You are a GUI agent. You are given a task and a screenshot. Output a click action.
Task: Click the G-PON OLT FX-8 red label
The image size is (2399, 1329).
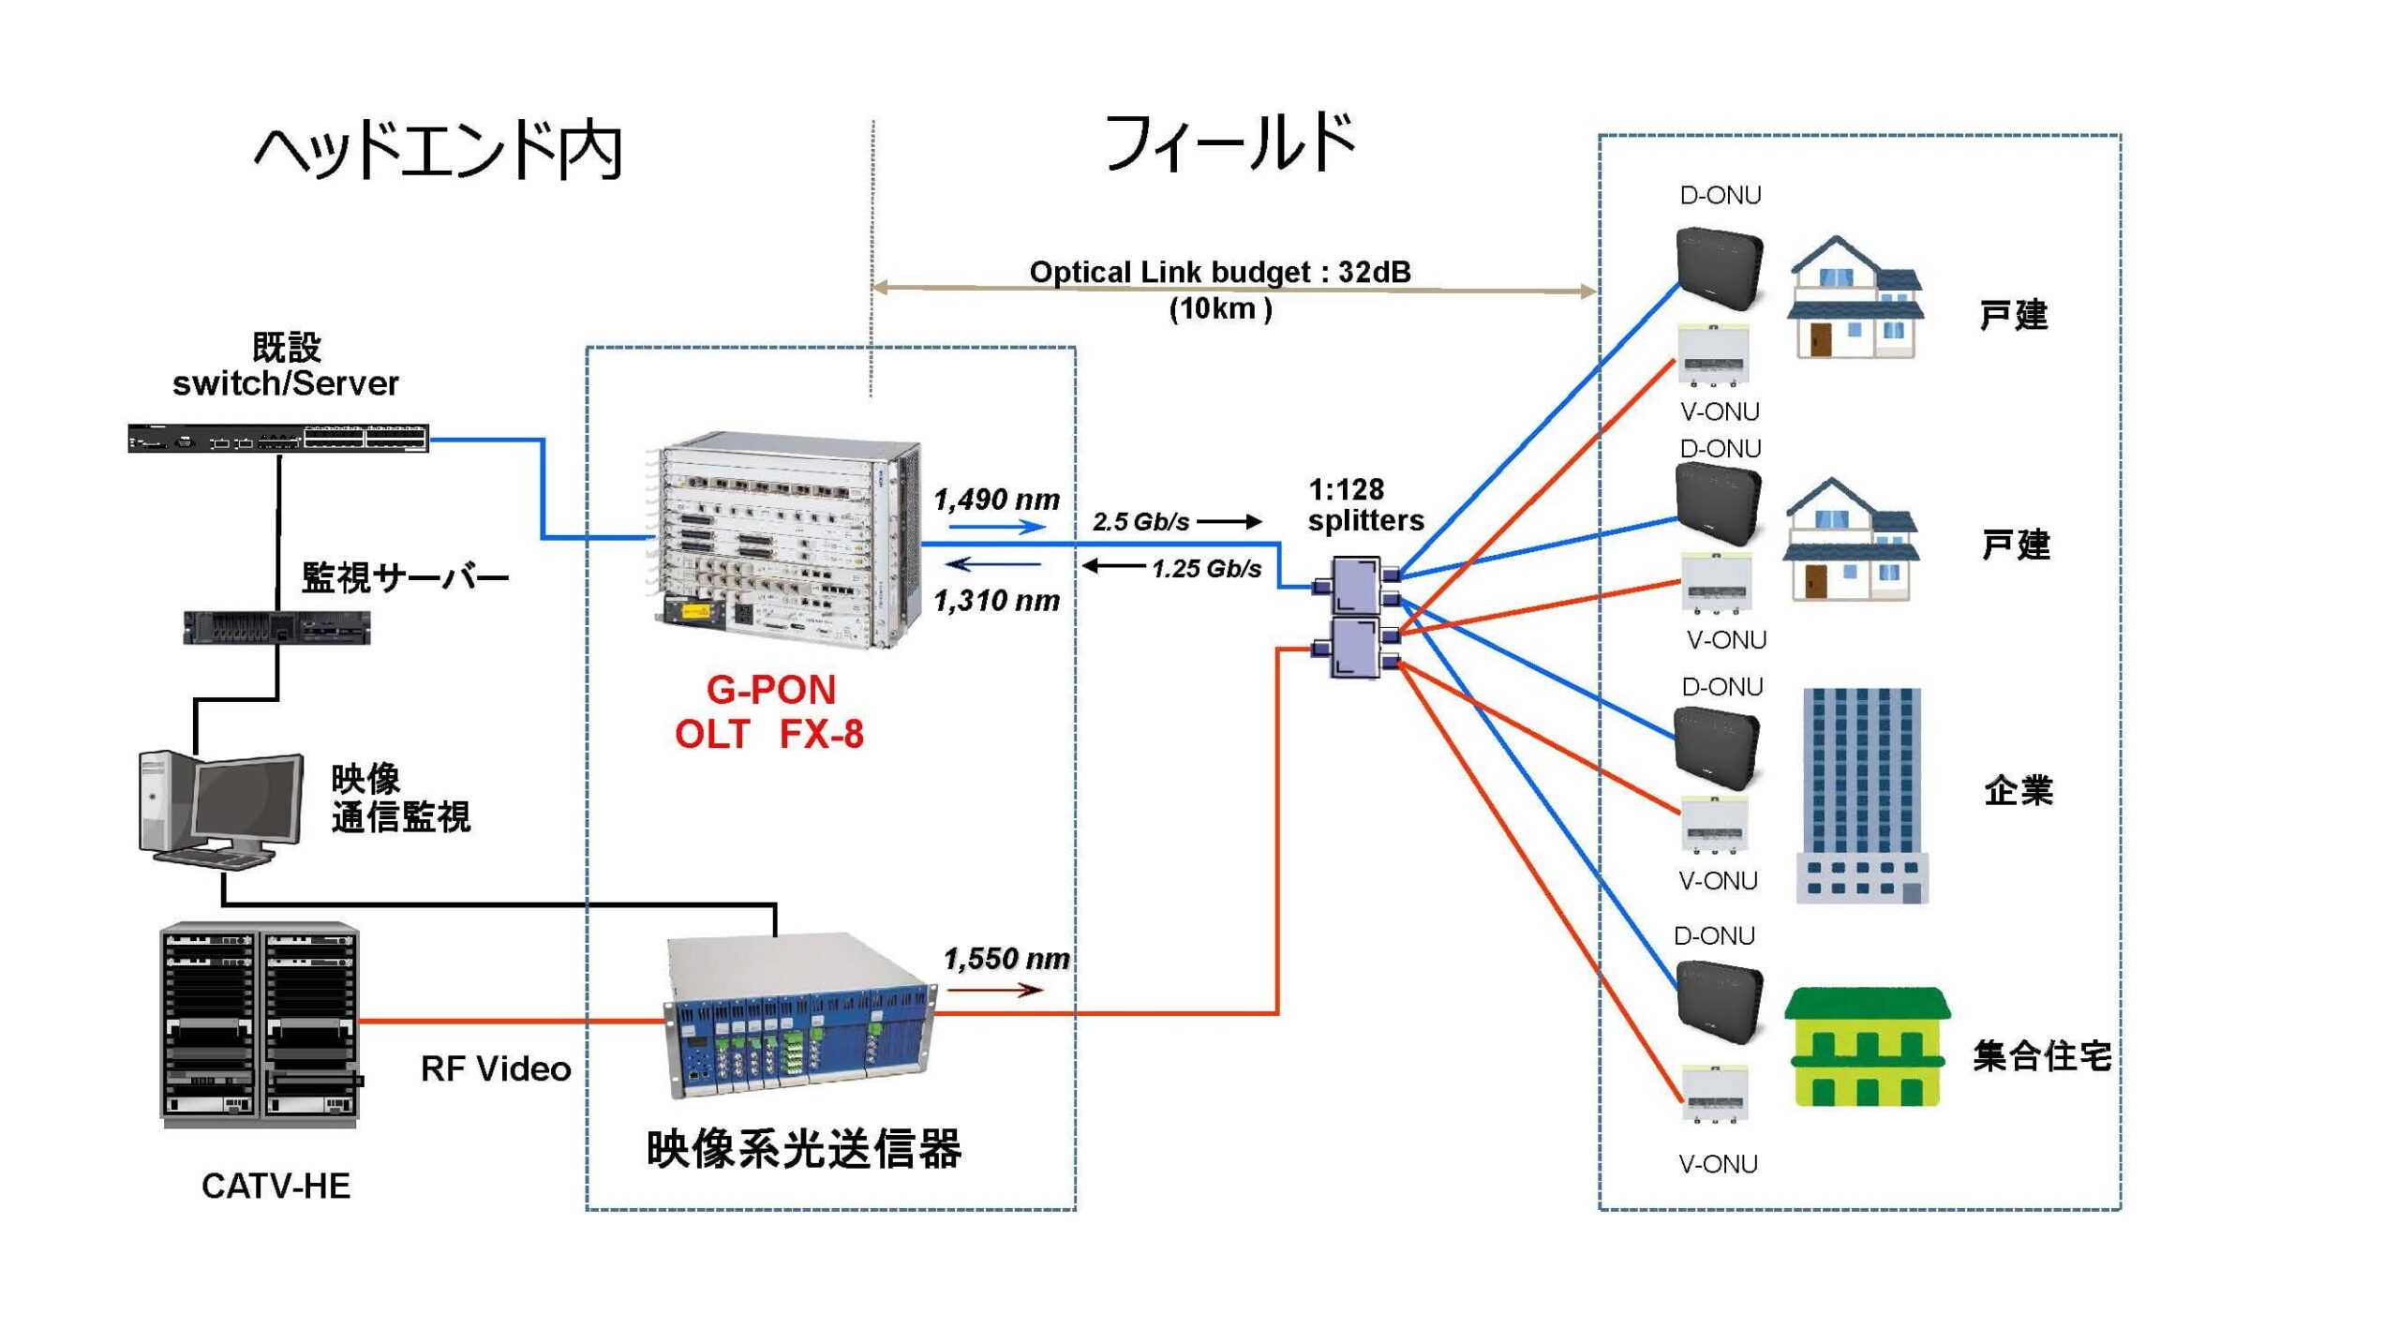[x=769, y=712]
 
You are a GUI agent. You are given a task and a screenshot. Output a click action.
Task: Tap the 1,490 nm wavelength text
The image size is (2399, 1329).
[x=996, y=500]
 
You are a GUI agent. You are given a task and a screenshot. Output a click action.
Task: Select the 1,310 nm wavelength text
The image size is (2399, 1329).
[x=996, y=600]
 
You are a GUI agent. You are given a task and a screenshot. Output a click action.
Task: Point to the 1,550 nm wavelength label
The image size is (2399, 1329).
[x=1006, y=959]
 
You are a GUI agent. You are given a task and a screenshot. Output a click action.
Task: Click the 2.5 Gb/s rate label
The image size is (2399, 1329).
[x=1140, y=521]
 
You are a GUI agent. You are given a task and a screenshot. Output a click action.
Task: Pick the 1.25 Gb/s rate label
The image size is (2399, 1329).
[x=1206, y=569]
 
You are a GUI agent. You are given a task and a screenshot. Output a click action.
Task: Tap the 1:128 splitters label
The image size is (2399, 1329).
[x=1365, y=505]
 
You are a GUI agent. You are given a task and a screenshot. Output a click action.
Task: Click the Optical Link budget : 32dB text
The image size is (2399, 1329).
[x=1219, y=272]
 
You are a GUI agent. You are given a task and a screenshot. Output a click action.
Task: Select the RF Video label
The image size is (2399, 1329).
[x=496, y=1068]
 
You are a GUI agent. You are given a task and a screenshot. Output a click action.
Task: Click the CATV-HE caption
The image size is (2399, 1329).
[x=276, y=1186]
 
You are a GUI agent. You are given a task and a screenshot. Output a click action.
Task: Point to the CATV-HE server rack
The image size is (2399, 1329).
[x=260, y=1024]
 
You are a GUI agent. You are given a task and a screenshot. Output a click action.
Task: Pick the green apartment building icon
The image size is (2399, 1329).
[x=1868, y=1047]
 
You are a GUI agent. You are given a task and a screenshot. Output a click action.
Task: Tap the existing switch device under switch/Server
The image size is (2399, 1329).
[x=278, y=438]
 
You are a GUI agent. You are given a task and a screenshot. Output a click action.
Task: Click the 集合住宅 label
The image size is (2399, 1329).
[x=2042, y=1056]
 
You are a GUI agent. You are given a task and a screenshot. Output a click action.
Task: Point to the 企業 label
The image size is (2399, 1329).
[x=2018, y=790]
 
